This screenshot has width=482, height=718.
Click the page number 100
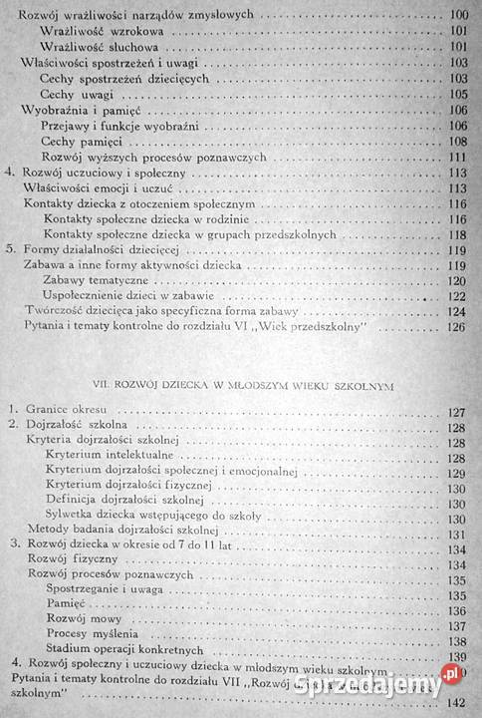click(459, 16)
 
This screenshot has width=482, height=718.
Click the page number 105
click(459, 94)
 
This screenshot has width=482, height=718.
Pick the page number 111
click(459, 158)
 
